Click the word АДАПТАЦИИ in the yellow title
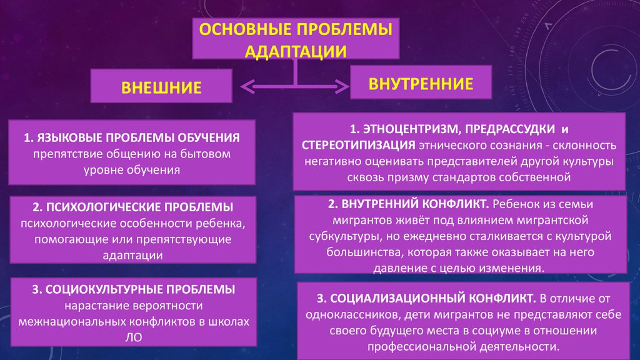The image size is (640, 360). [296, 52]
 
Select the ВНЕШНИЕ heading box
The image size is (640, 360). [161, 86]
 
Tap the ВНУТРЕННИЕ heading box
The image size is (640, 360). [421, 82]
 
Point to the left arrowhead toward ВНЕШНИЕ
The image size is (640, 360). [247, 86]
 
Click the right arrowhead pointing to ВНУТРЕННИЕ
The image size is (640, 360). [342, 86]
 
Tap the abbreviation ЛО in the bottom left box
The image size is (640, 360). [134, 337]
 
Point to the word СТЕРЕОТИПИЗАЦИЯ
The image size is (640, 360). [358, 145]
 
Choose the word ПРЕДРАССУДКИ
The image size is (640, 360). [510, 129]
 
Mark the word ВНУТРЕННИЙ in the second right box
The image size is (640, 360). [379, 204]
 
